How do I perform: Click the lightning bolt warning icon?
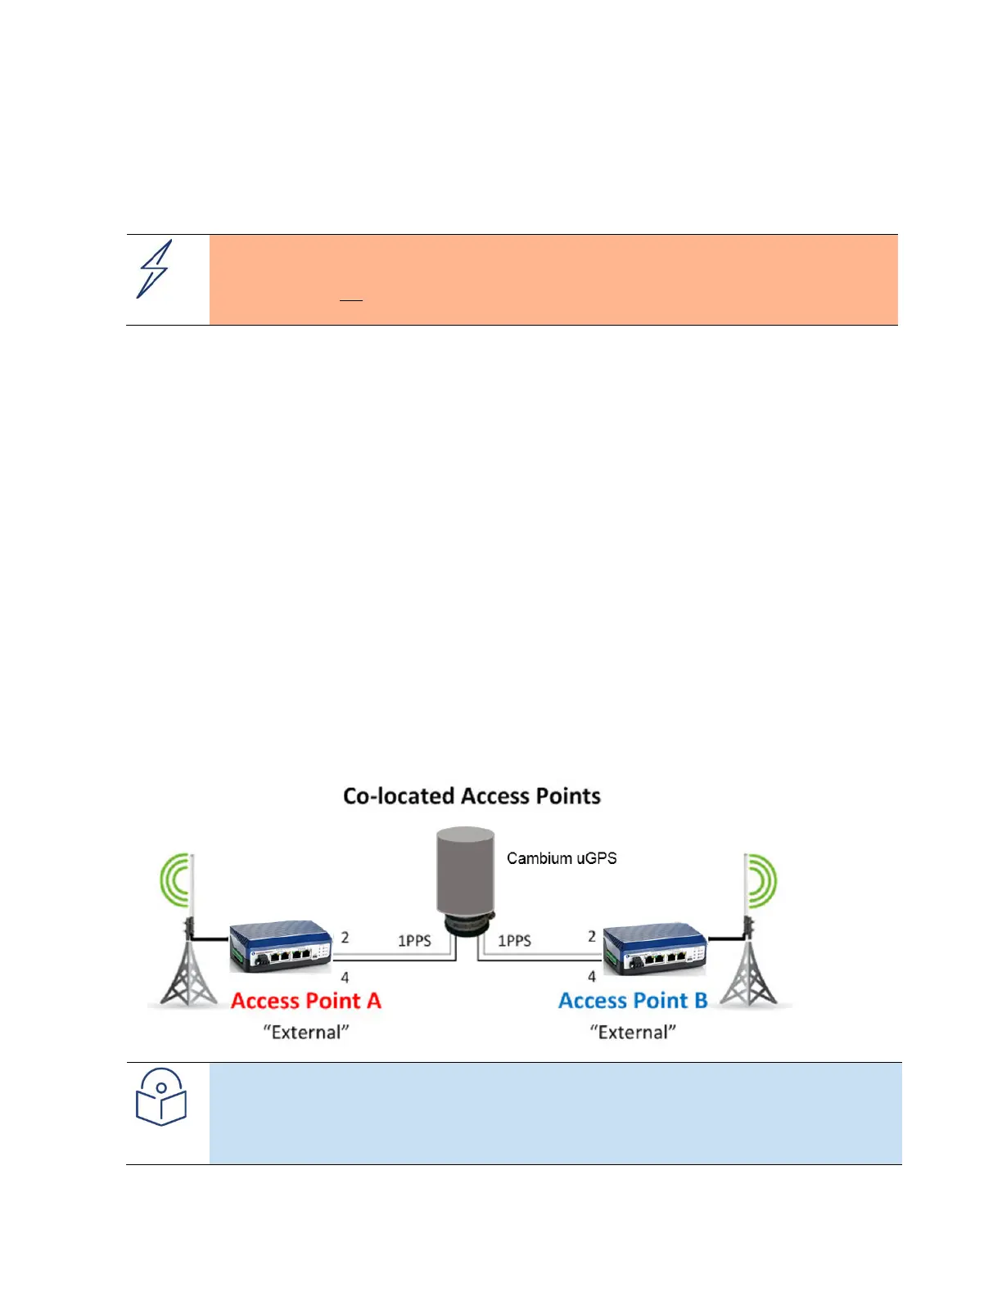click(x=155, y=269)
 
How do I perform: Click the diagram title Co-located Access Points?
click(x=472, y=796)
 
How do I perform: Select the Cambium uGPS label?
click(x=562, y=858)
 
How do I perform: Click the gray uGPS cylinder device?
click(x=466, y=872)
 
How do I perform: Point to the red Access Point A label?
click(x=306, y=1001)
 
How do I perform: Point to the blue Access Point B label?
click(x=633, y=1001)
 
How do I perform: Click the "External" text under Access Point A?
click(x=306, y=1033)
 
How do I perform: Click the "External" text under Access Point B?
click(x=633, y=1033)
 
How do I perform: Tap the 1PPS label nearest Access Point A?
click(x=414, y=941)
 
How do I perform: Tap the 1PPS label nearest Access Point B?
click(x=514, y=941)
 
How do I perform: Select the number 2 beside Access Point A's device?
click(x=345, y=938)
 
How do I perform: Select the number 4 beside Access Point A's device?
click(x=345, y=977)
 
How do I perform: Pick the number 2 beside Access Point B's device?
click(x=592, y=936)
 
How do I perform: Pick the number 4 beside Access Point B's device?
click(x=592, y=976)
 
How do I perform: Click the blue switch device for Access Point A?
click(x=280, y=947)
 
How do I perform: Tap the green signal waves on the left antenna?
click(x=174, y=880)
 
